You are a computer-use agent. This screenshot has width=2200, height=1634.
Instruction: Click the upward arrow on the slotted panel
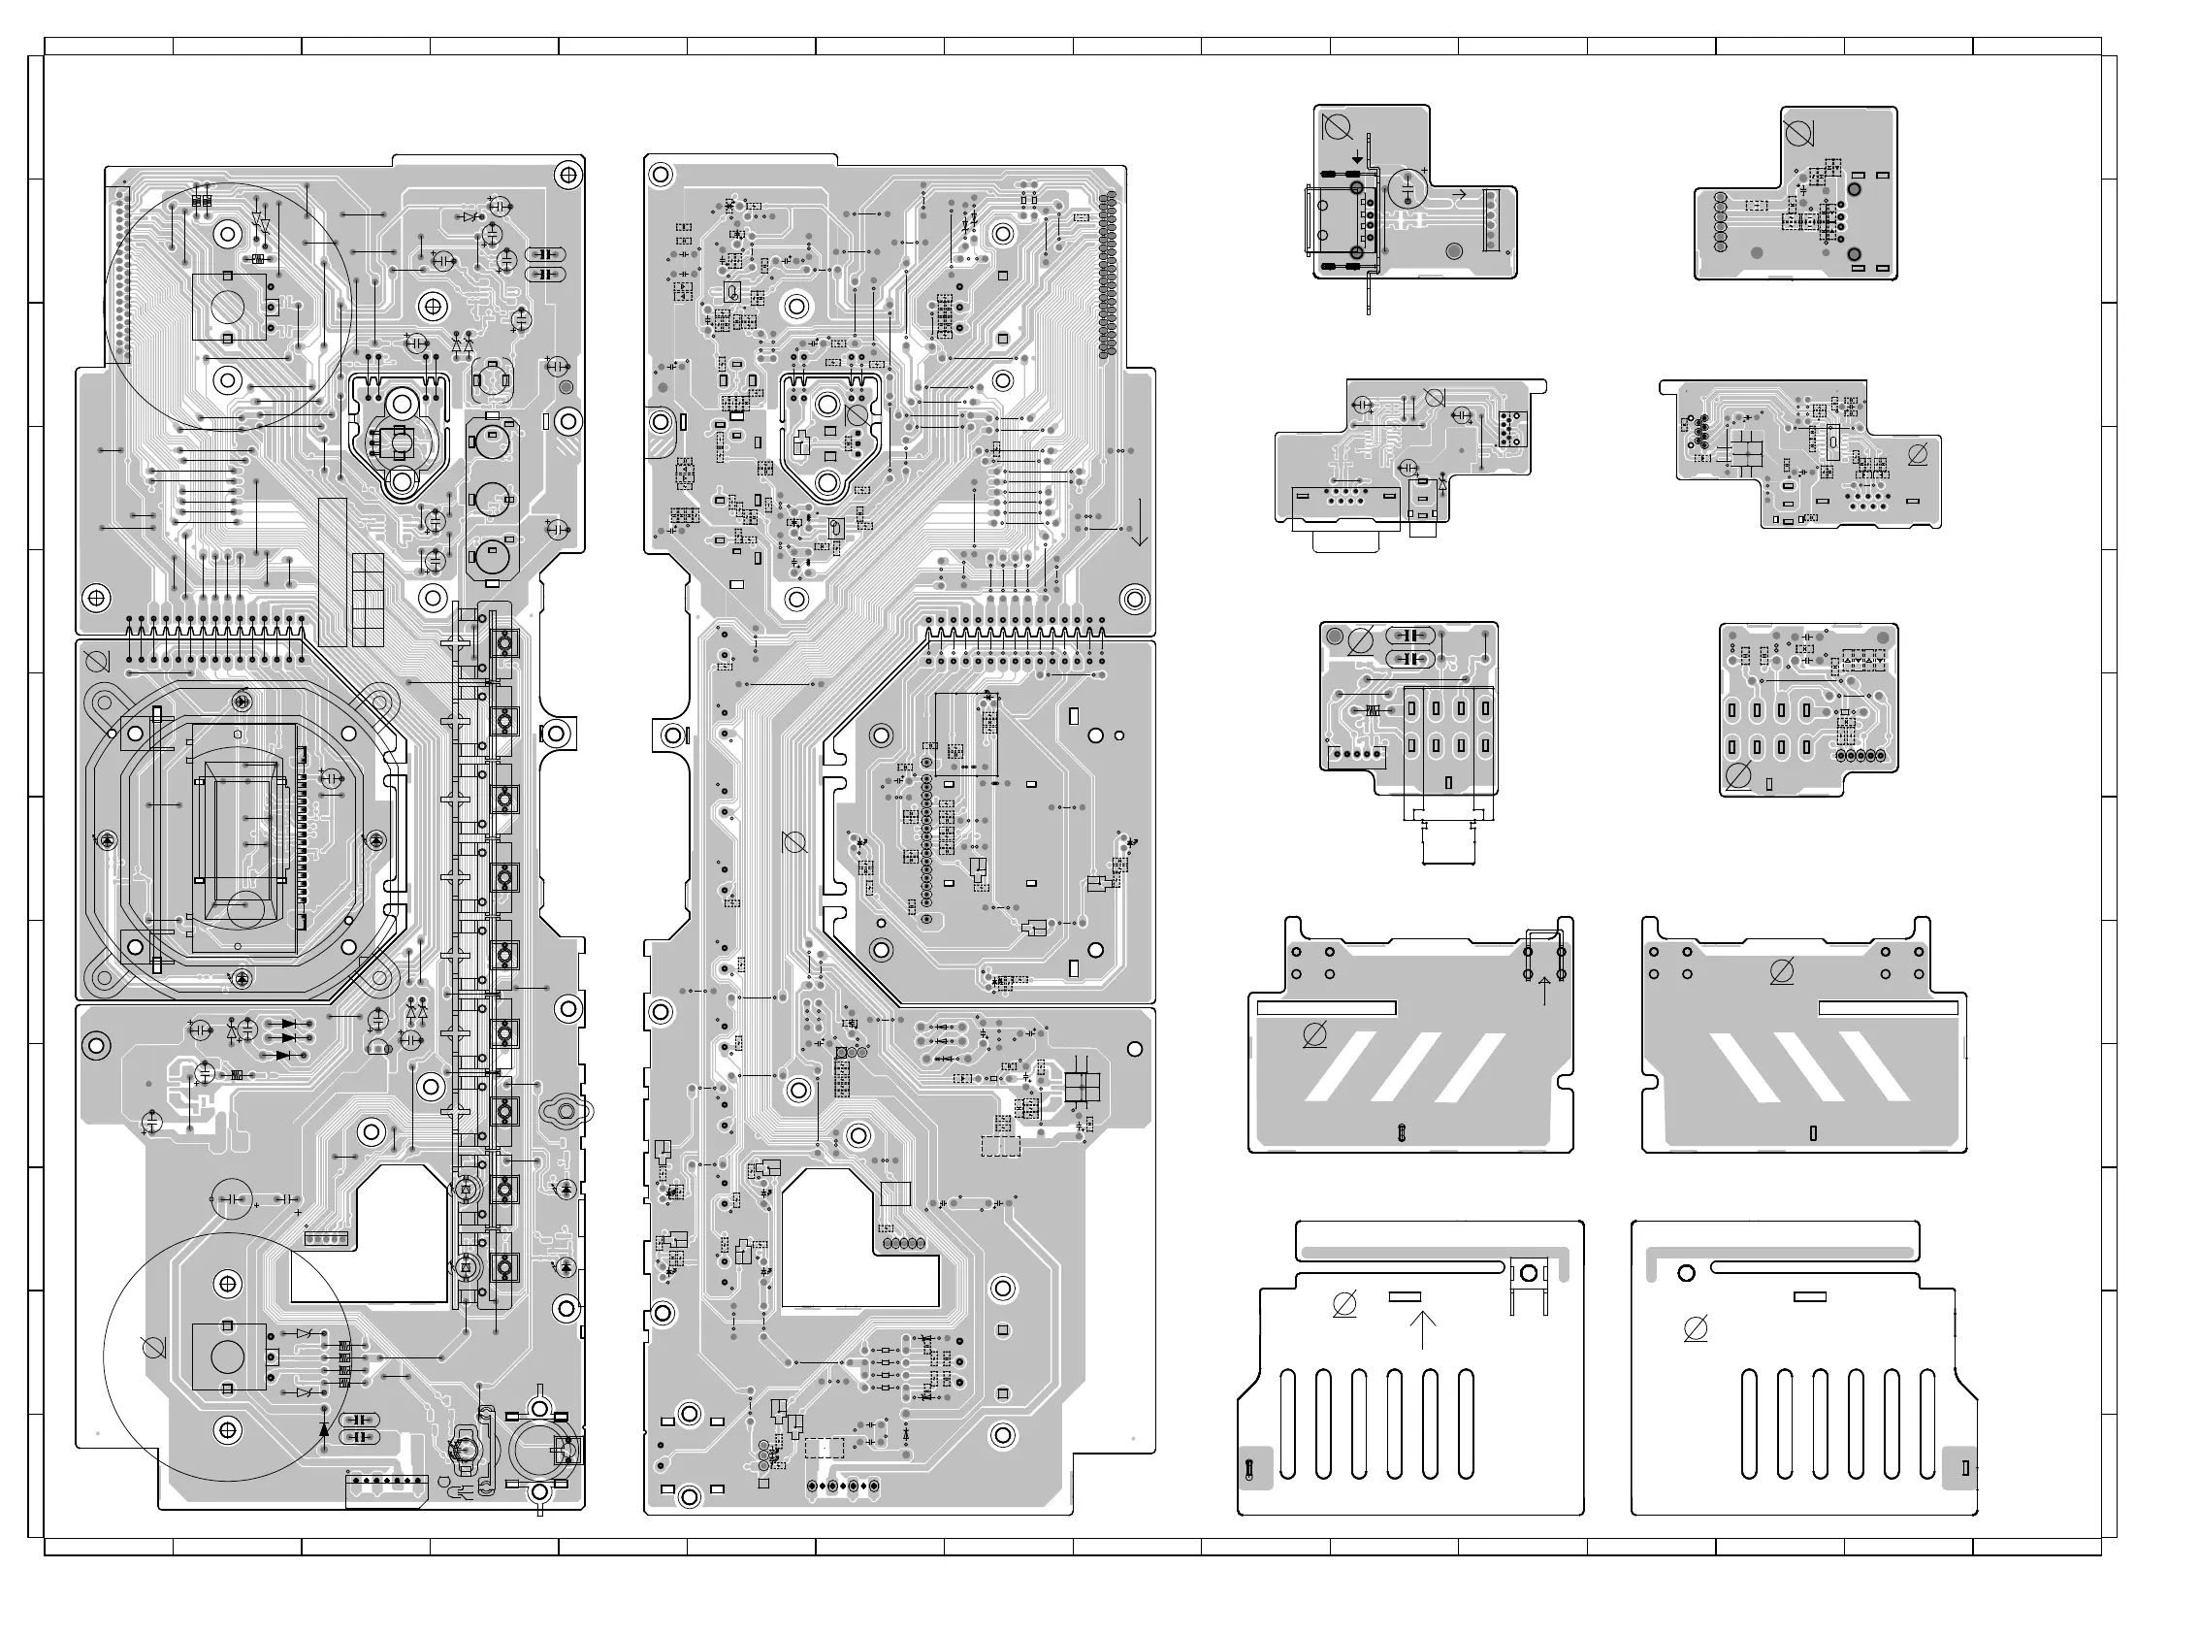pyautogui.click(x=1422, y=1329)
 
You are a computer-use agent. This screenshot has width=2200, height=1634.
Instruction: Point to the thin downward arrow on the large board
pyautogui.click(x=1140, y=521)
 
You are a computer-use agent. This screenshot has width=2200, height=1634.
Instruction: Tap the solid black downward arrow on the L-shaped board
pyautogui.click(x=1358, y=158)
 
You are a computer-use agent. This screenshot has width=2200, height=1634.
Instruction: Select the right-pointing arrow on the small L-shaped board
pyautogui.click(x=1456, y=195)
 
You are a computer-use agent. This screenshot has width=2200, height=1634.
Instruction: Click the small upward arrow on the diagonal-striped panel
pyautogui.click(x=1544, y=989)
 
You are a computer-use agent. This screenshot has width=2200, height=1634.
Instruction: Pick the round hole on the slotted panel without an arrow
pyautogui.click(x=1687, y=1273)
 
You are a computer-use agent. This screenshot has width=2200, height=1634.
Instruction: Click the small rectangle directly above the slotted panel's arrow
pyautogui.click(x=1405, y=1296)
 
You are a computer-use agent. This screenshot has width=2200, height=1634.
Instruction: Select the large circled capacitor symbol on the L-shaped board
pyautogui.click(x=1408, y=188)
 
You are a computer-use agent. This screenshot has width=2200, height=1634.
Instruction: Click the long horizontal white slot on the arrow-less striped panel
pyautogui.click(x=1888, y=1008)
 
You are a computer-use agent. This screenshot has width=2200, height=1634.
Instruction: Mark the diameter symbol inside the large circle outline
pyautogui.click(x=153, y=1346)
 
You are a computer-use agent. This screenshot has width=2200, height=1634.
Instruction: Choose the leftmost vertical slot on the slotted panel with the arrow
pyautogui.click(x=1287, y=1423)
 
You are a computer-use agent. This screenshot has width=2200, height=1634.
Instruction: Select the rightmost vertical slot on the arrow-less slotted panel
pyautogui.click(x=1927, y=1423)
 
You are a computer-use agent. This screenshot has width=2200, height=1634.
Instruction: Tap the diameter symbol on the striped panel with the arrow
pyautogui.click(x=1314, y=1035)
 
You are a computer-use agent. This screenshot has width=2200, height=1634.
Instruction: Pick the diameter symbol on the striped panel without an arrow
pyautogui.click(x=1782, y=972)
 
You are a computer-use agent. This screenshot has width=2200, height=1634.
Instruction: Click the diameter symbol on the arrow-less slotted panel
pyautogui.click(x=1695, y=1330)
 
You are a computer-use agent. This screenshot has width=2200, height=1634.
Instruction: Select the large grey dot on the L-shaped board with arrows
pyautogui.click(x=1453, y=251)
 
